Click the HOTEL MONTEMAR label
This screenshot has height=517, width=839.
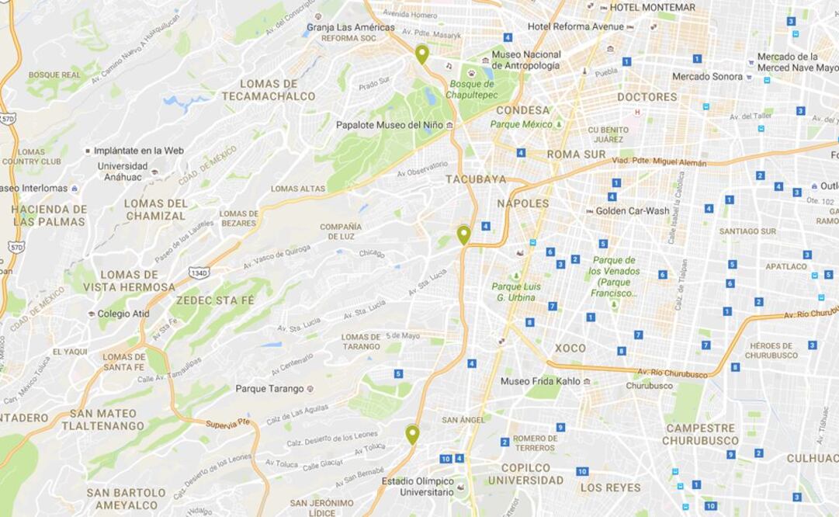[652, 7]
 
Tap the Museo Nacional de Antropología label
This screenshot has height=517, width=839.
[526, 60]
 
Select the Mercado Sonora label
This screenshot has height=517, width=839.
[707, 76]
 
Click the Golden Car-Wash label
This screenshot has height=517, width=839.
[633, 210]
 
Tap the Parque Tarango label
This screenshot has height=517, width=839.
[269, 388]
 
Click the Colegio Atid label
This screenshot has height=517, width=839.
[123, 314]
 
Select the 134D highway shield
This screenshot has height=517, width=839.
[198, 272]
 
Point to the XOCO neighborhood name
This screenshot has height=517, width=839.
[570, 348]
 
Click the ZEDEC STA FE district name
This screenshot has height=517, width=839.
[214, 299]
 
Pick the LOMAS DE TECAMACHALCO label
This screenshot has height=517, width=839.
[269, 90]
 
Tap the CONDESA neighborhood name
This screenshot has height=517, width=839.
[522, 110]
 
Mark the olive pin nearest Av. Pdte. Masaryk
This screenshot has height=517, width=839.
[421, 54]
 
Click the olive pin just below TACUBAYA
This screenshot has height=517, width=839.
[463, 234]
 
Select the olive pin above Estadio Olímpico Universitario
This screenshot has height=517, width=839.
[412, 434]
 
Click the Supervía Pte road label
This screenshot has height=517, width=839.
[228, 423]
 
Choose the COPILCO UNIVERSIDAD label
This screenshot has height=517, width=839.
[525, 474]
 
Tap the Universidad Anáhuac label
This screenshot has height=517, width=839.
[123, 171]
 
